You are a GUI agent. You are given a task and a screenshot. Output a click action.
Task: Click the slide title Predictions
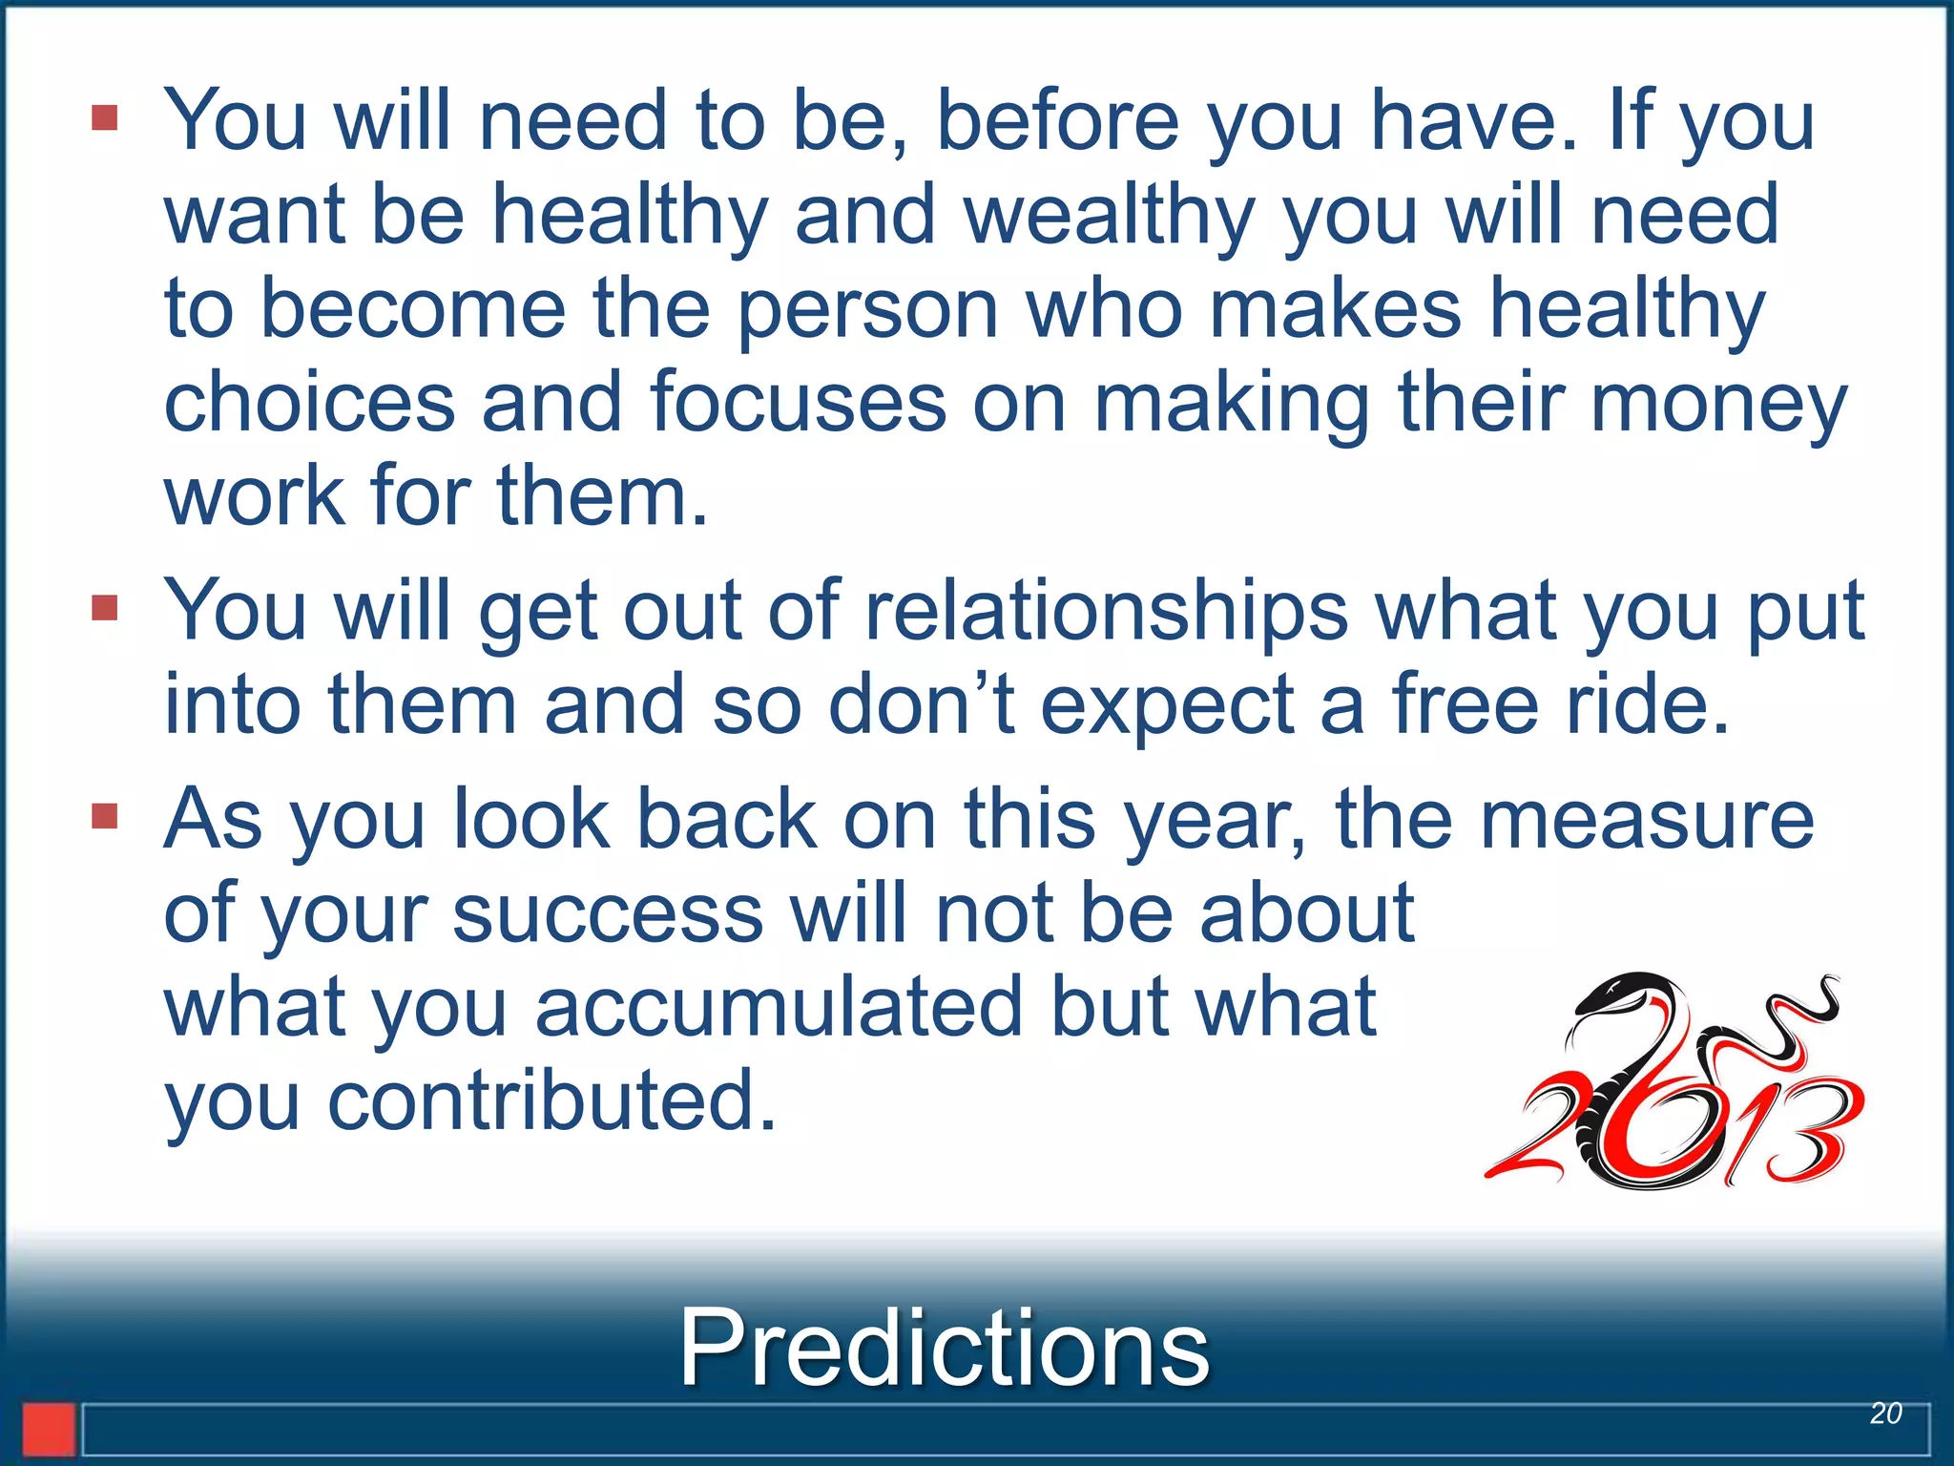tap(944, 1348)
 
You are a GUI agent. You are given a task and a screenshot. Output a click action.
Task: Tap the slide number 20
tap(1885, 1414)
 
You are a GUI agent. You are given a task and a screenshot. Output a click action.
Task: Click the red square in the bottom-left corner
tap(49, 1429)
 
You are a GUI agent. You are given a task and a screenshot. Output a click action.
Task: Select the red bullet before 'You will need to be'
tap(105, 118)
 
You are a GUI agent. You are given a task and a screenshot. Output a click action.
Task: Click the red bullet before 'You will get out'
tap(105, 608)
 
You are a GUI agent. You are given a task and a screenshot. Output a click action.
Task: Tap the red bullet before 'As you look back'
tap(105, 816)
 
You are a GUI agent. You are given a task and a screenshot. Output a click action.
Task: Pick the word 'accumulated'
tap(779, 1007)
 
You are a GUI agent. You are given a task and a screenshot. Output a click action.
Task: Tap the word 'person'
tap(868, 309)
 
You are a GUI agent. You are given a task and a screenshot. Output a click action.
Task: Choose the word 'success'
tap(608, 913)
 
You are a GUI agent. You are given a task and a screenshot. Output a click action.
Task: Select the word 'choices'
tap(309, 403)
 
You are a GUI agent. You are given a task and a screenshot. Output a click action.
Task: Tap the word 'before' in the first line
tap(1058, 120)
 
